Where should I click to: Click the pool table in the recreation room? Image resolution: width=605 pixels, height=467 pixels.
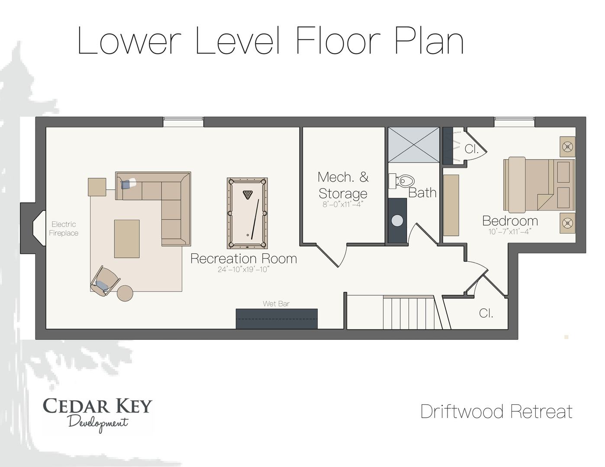(247, 213)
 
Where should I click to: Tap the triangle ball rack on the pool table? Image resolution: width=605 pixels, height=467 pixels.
(247, 195)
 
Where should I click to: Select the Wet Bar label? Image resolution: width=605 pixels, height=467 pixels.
(276, 304)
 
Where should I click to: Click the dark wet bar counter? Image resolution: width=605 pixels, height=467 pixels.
(277, 319)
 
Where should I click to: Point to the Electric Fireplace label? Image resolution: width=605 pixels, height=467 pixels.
(64, 229)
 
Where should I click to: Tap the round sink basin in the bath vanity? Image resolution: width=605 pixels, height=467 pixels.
(397, 221)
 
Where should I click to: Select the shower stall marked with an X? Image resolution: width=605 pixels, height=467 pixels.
(414, 144)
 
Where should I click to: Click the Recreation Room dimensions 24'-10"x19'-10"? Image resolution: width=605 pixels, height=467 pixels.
(244, 269)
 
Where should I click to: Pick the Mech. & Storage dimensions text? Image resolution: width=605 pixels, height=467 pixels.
(343, 205)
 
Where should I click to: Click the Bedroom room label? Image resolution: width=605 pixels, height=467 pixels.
(510, 221)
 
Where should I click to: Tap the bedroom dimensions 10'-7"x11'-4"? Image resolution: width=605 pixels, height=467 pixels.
(510, 231)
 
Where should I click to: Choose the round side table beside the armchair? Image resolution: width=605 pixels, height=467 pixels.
(125, 293)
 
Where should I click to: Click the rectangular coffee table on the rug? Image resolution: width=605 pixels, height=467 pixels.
(127, 239)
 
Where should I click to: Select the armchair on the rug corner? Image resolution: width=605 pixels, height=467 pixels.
(105, 281)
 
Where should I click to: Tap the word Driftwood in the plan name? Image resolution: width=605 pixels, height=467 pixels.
(462, 412)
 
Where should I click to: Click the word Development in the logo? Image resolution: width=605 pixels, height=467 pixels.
(98, 424)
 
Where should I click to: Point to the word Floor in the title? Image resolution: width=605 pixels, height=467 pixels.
(338, 41)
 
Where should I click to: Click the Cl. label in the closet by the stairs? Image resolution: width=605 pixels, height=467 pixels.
(486, 313)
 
